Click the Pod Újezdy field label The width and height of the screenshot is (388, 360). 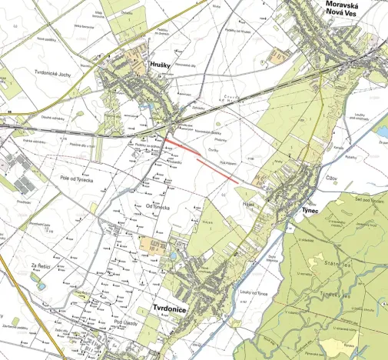tap(123, 322)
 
